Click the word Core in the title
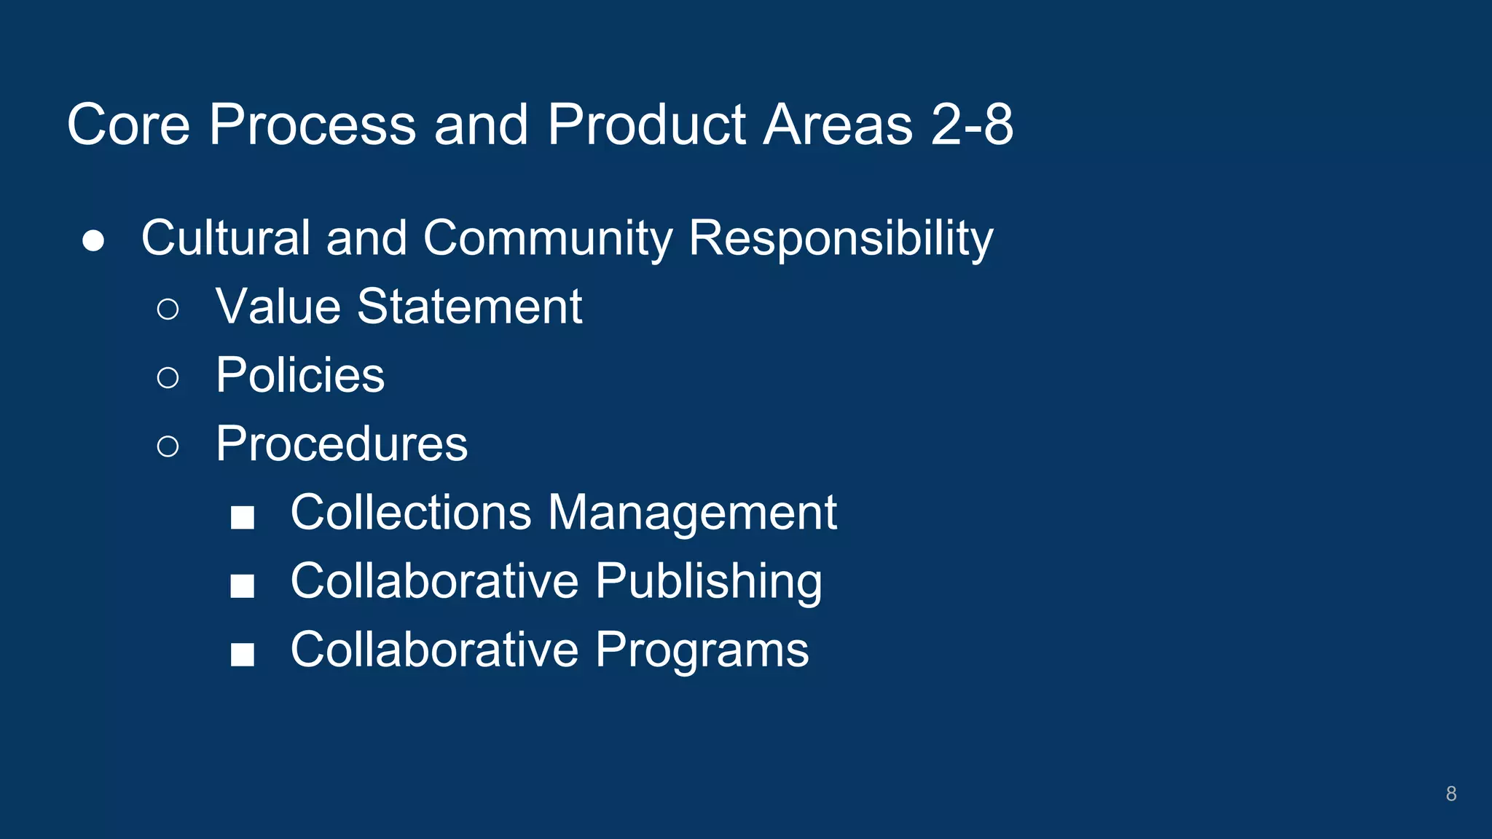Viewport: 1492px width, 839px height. [x=128, y=125]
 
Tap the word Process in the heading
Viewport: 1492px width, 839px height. [x=313, y=125]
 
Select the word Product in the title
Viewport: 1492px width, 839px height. [x=647, y=125]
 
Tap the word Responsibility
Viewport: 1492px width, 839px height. [x=841, y=238]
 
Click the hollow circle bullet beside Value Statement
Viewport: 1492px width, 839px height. [x=168, y=309]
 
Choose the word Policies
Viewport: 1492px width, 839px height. [x=300, y=375]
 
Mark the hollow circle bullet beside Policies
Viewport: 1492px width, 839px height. [x=168, y=377]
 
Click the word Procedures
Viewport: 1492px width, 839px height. [x=342, y=444]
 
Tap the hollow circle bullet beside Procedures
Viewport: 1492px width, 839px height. [x=168, y=446]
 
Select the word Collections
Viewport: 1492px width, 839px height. [x=411, y=512]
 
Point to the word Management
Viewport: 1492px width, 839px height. [x=692, y=512]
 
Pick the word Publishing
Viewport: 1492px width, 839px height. [x=708, y=581]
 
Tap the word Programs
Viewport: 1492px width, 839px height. [x=702, y=650]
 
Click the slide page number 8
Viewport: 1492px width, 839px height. [x=1450, y=794]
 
